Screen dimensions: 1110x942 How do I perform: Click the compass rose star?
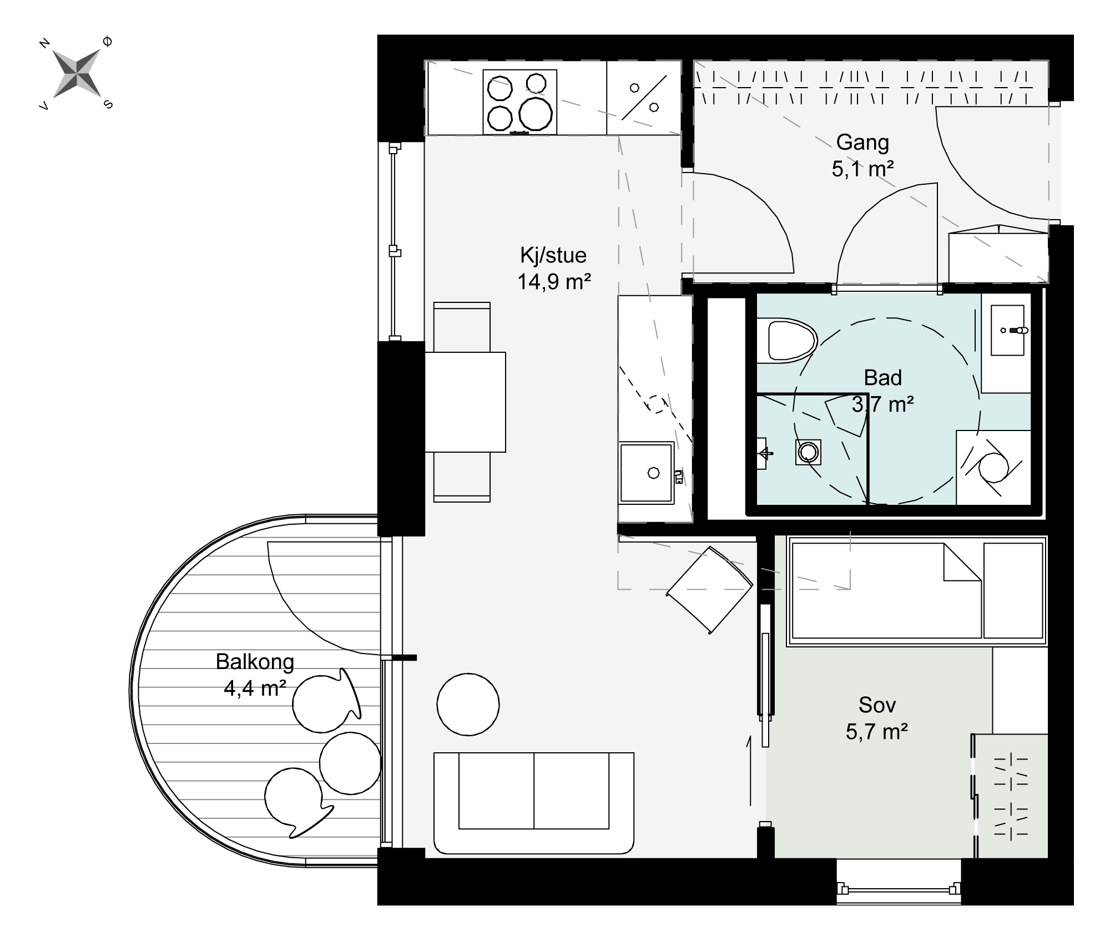77,73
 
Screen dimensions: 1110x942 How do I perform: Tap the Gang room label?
862,142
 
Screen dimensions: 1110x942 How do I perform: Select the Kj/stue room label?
553,255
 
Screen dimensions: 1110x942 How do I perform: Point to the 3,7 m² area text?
882,404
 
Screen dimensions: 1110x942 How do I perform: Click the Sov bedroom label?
877,705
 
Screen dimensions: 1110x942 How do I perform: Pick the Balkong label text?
255,661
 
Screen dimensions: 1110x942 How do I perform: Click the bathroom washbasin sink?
1007,330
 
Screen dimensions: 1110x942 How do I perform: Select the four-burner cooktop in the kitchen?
519,102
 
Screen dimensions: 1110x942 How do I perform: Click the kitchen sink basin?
647,472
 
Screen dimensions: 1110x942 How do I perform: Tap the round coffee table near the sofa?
468,705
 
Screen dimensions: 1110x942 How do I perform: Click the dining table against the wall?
465,402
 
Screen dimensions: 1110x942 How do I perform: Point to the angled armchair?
710,590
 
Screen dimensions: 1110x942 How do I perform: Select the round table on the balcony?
350,763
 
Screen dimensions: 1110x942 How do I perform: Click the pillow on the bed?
1013,590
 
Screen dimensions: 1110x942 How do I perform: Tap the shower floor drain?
808,452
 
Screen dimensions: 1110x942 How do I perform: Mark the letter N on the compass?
45,43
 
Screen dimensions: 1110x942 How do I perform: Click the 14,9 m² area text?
554,282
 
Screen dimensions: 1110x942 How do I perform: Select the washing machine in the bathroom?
993,468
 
